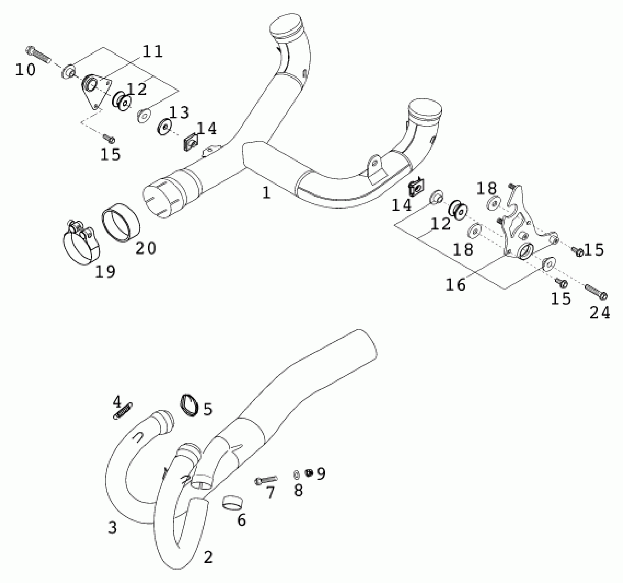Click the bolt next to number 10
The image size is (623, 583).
coord(38,55)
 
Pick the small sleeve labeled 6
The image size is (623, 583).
coord(232,503)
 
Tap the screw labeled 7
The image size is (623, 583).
coord(266,480)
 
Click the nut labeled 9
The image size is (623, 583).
coord(309,473)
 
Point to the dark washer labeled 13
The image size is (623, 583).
coord(165,126)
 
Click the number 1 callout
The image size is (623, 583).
coord(267,193)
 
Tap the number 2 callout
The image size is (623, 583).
coord(208,557)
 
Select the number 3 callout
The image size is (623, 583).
coord(112,528)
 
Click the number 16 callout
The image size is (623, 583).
coord(456,285)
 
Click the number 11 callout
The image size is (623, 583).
coord(152,51)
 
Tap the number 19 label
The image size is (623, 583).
coord(105,272)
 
